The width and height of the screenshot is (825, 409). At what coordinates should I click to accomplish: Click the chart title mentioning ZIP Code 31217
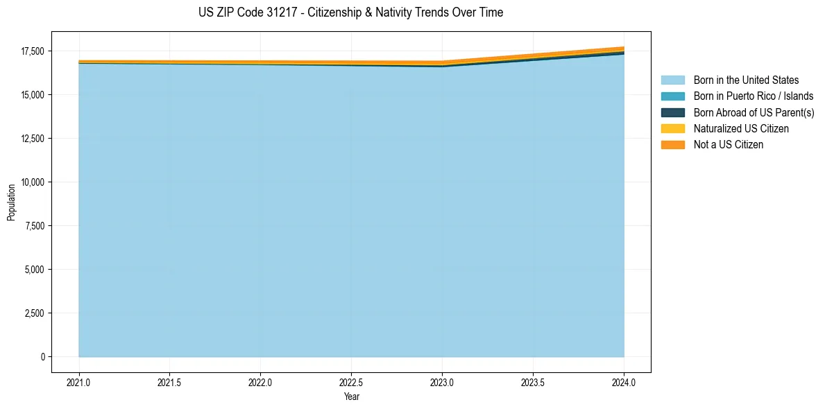tap(350, 12)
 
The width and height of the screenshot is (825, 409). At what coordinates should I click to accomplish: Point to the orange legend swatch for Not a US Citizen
tap(672, 145)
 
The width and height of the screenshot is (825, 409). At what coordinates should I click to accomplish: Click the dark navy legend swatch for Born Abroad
tap(672, 112)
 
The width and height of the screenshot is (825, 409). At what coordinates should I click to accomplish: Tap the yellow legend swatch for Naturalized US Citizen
tap(672, 129)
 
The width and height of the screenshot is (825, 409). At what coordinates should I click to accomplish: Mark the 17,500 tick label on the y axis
tap(32, 51)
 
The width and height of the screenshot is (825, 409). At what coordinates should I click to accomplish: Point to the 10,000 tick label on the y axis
tap(32, 182)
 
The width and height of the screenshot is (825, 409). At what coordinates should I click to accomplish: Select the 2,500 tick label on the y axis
tap(34, 313)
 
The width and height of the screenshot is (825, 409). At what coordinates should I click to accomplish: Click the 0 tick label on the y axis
tap(42, 357)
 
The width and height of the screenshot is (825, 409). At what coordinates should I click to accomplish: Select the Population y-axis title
tap(11, 202)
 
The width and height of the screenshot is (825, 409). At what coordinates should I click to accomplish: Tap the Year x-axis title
tap(351, 397)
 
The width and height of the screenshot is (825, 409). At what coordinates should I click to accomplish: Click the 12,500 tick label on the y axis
tap(32, 139)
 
